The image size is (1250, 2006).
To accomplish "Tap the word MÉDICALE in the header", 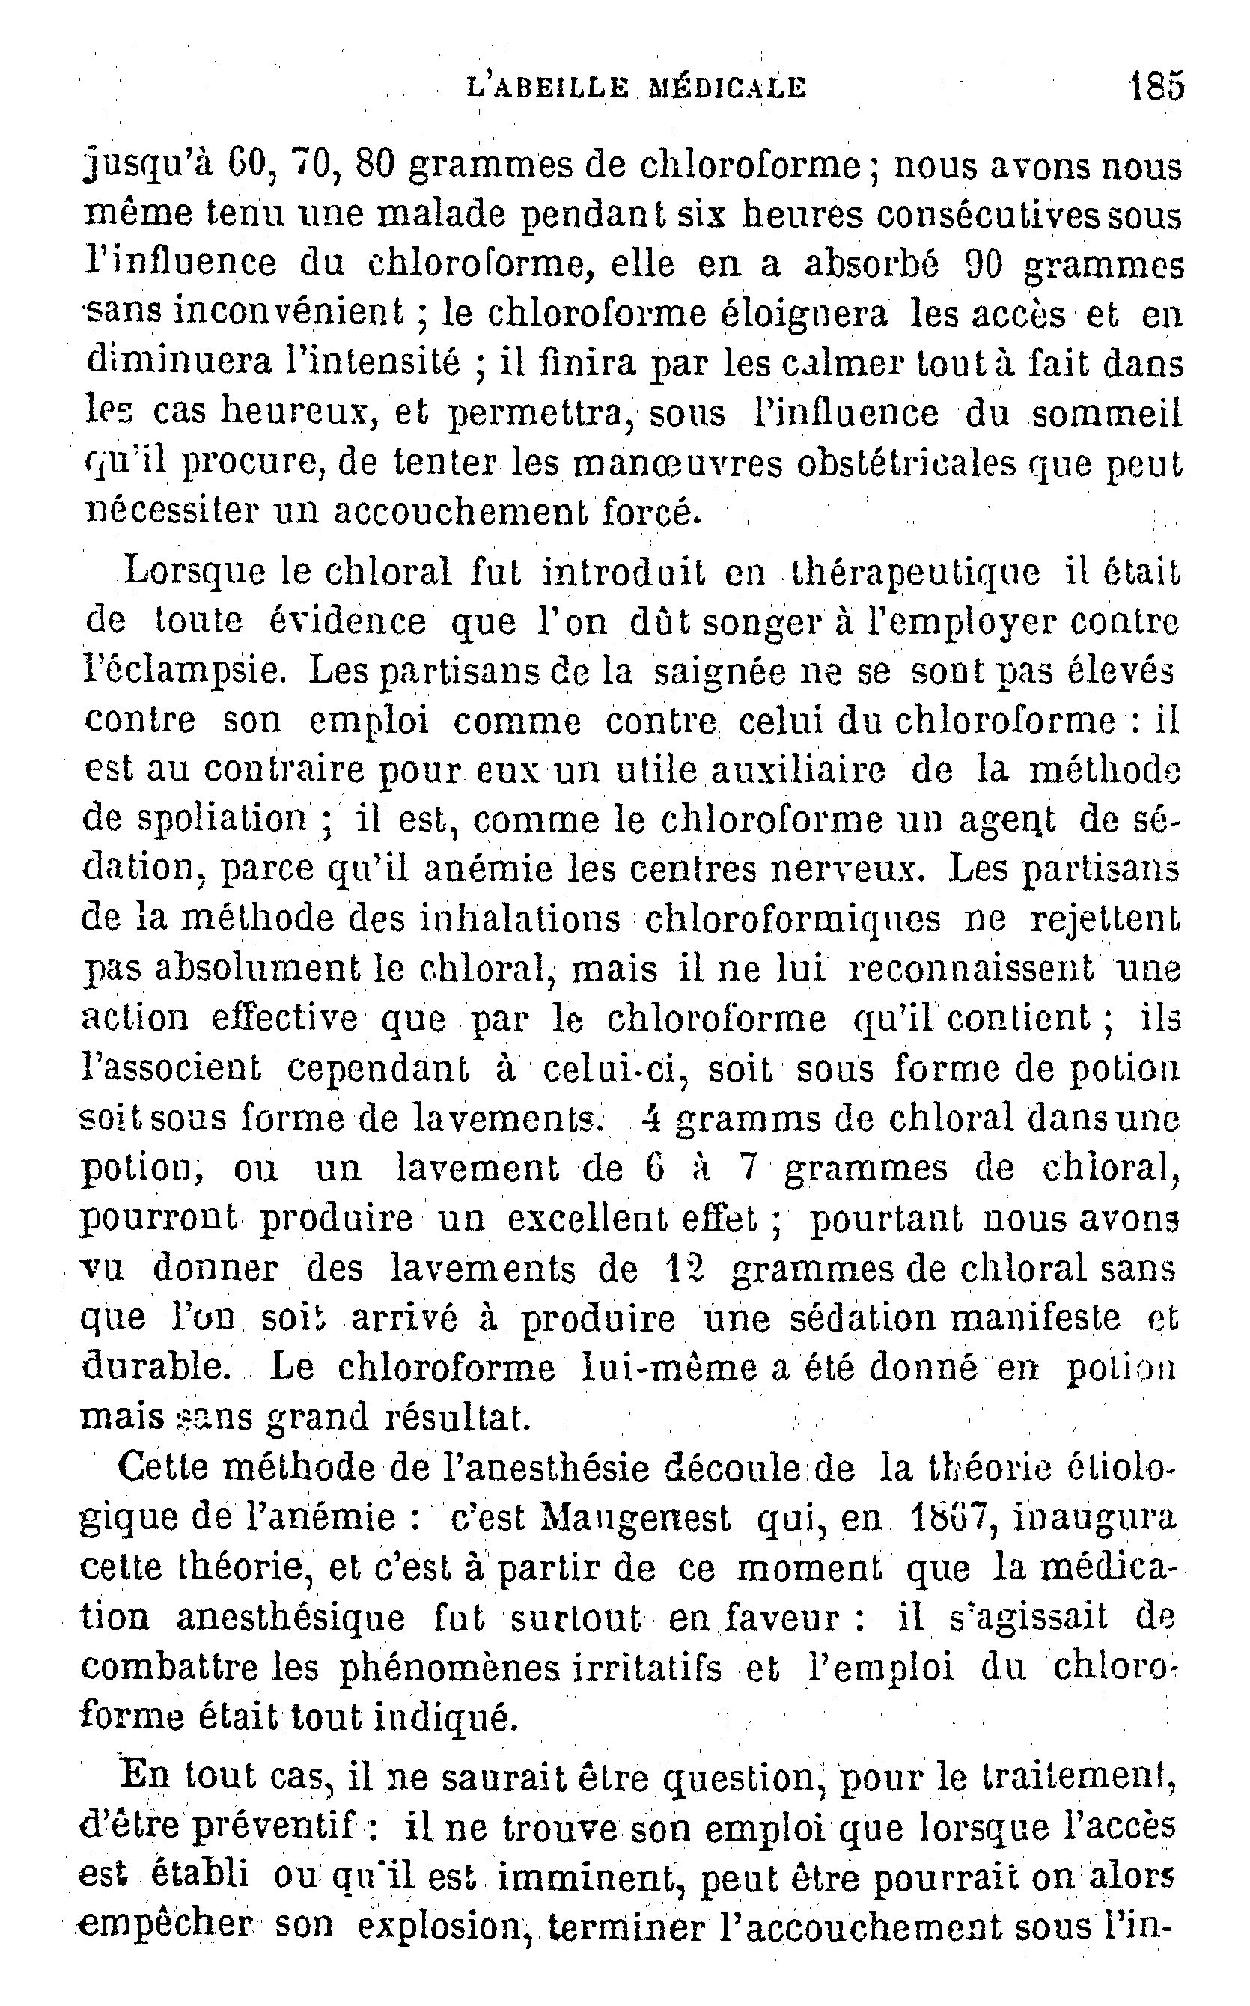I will click(x=728, y=87).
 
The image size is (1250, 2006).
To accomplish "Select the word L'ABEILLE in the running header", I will click(x=546, y=87).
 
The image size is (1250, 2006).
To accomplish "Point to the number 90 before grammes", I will click(x=983, y=263).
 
